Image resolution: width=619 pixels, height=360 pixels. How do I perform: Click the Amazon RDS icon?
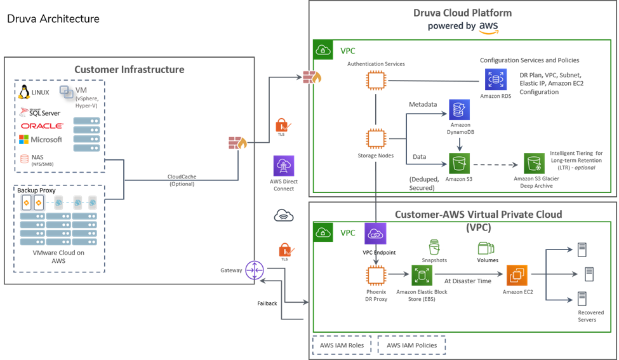(496, 79)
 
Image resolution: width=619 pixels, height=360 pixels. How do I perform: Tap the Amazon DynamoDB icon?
(458, 110)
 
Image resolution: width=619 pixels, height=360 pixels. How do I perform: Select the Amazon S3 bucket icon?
(456, 164)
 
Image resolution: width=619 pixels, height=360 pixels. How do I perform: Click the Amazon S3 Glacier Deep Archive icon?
(533, 164)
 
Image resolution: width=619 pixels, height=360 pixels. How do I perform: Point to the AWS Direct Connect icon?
(283, 166)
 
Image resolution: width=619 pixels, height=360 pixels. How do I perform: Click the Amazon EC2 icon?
(516, 275)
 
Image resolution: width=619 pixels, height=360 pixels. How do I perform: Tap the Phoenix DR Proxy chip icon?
(376, 275)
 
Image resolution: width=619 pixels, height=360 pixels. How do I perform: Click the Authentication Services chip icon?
(376, 81)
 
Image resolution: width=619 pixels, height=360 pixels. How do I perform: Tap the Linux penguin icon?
(25, 93)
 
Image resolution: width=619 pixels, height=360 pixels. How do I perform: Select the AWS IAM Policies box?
(411, 345)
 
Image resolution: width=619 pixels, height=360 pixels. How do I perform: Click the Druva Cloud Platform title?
(462, 13)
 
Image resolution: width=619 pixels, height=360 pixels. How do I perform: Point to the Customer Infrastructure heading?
(130, 69)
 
